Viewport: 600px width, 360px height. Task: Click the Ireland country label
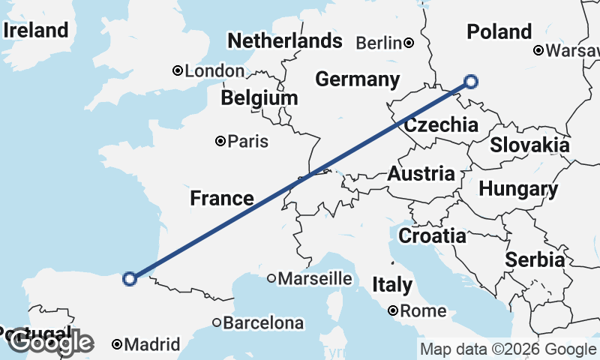(x=36, y=31)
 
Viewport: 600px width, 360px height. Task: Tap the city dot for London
(x=178, y=71)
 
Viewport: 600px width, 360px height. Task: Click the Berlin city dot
(x=409, y=43)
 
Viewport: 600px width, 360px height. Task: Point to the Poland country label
(x=499, y=31)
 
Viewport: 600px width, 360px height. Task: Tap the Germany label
(x=357, y=79)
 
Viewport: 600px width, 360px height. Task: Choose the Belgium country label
(x=259, y=98)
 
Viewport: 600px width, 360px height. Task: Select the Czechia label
(x=441, y=125)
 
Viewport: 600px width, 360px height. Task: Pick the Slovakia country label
(x=529, y=145)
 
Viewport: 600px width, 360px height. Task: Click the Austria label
(x=421, y=174)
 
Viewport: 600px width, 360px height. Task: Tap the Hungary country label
(x=518, y=190)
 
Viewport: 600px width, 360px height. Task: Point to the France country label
(x=221, y=198)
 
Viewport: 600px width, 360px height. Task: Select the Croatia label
(x=431, y=235)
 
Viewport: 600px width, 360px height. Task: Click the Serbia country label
(x=535, y=259)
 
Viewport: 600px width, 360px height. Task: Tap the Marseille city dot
(x=271, y=278)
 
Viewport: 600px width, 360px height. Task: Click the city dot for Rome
(x=393, y=310)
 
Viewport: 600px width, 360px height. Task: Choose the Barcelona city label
(x=263, y=323)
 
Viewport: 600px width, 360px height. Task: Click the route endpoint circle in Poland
(x=471, y=82)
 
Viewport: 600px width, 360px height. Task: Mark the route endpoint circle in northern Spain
(x=129, y=278)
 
